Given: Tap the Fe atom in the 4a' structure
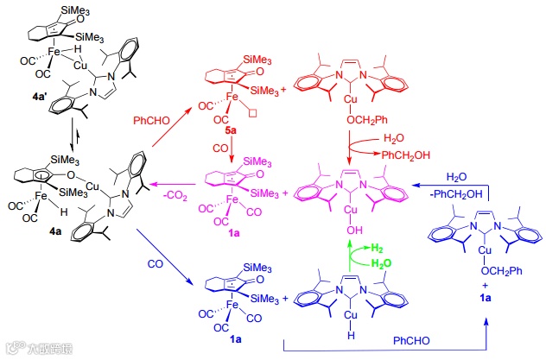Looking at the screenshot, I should pos(54,51).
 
